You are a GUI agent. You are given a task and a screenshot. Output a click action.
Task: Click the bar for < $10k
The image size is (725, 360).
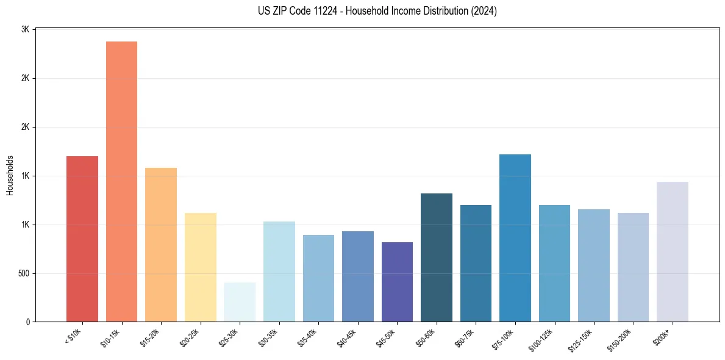point(82,239)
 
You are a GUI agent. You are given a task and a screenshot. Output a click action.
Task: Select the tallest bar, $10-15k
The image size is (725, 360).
point(121,181)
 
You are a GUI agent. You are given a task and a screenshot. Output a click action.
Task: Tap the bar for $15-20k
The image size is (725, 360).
point(161,245)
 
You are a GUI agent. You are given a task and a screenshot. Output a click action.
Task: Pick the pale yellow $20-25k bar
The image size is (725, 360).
point(201,267)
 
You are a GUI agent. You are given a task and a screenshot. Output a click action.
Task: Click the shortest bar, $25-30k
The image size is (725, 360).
point(240,302)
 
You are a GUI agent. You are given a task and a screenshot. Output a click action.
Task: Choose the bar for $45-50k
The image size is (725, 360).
point(397,282)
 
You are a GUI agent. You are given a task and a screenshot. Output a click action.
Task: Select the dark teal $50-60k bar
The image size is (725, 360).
point(437,257)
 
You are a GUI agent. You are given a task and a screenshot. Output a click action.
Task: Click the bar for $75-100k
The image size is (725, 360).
point(515,238)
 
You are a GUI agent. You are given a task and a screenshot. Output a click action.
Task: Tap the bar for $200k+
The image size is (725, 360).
point(673,251)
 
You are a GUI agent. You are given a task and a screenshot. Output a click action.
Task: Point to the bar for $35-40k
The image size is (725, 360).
point(318,278)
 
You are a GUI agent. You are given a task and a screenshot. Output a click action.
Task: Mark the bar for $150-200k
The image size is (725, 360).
point(633,267)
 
